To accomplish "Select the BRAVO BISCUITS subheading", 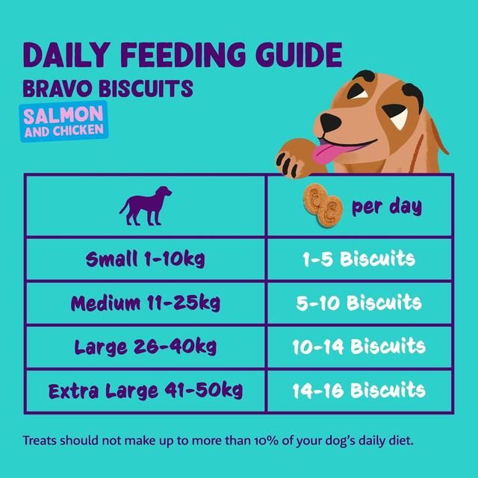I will [108, 90].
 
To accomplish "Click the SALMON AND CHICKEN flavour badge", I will [63, 122].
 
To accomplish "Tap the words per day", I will [386, 205].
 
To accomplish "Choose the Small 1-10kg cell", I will [145, 260].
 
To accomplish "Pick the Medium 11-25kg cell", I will [145, 303].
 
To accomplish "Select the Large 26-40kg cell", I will [145, 347].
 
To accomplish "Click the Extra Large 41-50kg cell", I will [145, 390].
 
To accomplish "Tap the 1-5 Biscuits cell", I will [359, 260].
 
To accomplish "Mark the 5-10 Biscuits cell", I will [359, 303].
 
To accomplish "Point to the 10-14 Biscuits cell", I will [359, 347].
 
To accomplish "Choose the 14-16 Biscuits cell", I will [359, 390].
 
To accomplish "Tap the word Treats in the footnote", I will [42, 440].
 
